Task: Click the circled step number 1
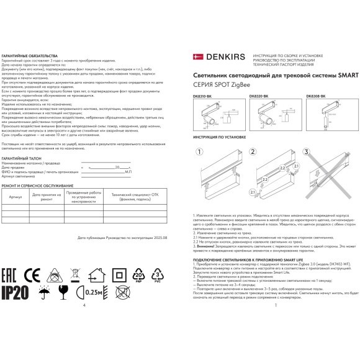point(199,151)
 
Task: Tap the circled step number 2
point(252,151)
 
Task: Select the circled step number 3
point(305,151)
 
